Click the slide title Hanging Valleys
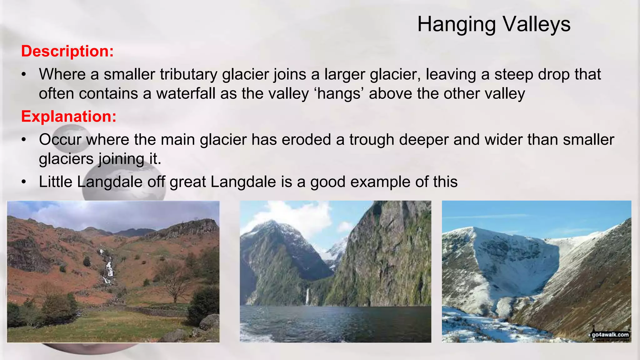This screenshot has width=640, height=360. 494,24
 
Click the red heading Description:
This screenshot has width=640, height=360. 67,51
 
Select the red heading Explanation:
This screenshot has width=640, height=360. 69,116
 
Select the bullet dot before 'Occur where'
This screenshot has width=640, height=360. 24,140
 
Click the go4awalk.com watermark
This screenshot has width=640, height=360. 610,335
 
